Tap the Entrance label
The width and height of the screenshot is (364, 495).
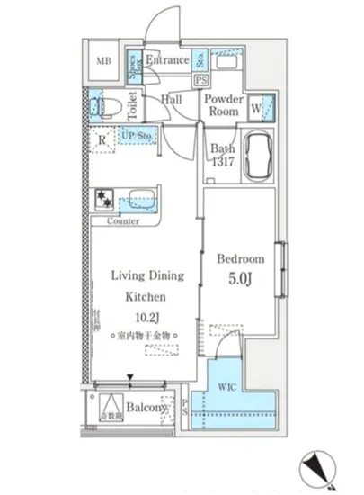tap(167, 61)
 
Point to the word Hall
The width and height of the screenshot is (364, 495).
tap(173, 101)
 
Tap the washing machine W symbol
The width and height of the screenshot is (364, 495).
tap(259, 110)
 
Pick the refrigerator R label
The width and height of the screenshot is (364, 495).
tap(103, 139)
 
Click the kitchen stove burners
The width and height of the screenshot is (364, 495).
tap(103, 199)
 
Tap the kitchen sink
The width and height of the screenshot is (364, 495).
tap(140, 199)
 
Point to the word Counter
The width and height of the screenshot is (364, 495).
tap(121, 220)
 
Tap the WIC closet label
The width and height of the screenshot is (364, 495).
tap(226, 388)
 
